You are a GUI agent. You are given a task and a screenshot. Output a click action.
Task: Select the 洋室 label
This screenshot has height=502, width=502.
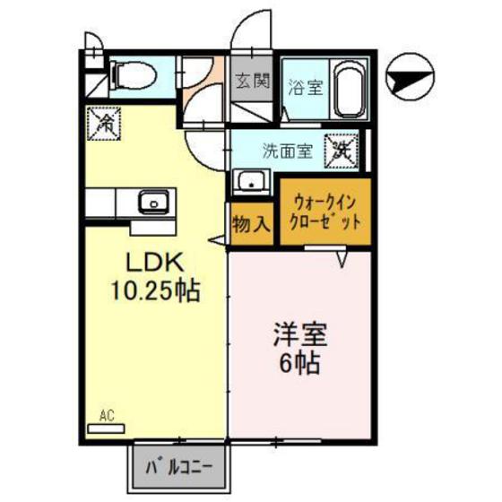(x=300, y=337)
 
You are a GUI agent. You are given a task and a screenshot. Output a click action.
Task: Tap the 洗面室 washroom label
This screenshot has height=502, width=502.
(x=287, y=151)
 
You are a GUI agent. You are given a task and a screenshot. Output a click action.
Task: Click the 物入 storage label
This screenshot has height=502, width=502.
(x=250, y=223)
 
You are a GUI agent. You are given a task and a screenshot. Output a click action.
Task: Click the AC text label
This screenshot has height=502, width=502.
(x=108, y=415)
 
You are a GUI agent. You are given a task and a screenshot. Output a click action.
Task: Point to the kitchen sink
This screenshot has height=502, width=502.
(x=156, y=202)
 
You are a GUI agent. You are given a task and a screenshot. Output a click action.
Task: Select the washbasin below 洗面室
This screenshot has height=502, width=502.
(x=252, y=182)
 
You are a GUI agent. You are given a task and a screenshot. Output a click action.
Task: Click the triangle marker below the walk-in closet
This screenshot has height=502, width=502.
(x=342, y=259)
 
